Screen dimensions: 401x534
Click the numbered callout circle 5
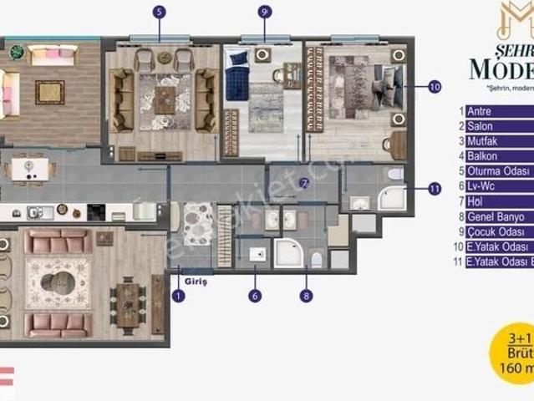pyautogui.click(x=160, y=12)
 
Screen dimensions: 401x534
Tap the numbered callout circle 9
pyautogui.click(x=264, y=12)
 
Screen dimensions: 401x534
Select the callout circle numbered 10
pyautogui.click(x=434, y=86)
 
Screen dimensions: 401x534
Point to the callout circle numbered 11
pyautogui.click(x=434, y=189)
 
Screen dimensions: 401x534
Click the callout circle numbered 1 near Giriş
pyautogui.click(x=177, y=294)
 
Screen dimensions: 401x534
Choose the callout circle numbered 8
pyautogui.click(x=307, y=294)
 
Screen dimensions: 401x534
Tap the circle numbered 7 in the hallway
pyautogui.click(x=304, y=182)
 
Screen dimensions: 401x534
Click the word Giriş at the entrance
pyautogui.click(x=198, y=282)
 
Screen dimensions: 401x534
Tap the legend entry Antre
pyautogui.click(x=479, y=111)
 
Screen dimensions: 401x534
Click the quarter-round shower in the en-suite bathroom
pyautogui.click(x=390, y=197)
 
